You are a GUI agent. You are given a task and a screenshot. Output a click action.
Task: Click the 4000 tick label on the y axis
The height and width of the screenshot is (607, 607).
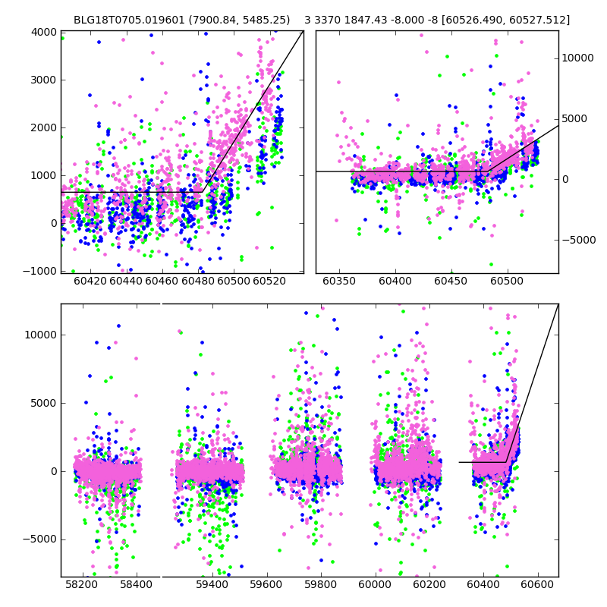45,32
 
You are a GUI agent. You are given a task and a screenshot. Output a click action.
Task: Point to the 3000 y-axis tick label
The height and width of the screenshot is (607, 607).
45,80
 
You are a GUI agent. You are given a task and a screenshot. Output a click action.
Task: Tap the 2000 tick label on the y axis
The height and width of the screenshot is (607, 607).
45,127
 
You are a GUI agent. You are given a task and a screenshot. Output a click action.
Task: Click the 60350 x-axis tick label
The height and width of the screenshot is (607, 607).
339,281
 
